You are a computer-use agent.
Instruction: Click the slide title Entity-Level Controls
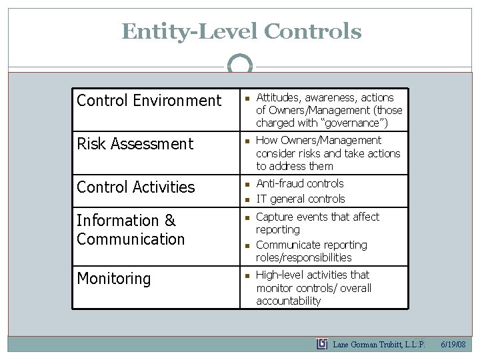point(241,31)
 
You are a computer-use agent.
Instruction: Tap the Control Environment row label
point(149,101)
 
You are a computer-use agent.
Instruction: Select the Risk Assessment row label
point(135,144)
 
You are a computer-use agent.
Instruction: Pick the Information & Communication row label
point(131,229)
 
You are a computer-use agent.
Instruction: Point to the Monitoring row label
point(113,279)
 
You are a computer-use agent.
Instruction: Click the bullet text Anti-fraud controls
point(300,183)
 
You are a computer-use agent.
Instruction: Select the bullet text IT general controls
point(301,199)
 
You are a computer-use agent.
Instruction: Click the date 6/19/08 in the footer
point(453,345)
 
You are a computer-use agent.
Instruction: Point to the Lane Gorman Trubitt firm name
point(379,345)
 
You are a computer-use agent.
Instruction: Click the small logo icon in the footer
point(322,344)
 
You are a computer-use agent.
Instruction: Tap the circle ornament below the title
point(240,65)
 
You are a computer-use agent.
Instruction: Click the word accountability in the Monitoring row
point(288,301)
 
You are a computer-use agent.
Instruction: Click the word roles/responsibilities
point(304,257)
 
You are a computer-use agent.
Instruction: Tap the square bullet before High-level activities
point(246,275)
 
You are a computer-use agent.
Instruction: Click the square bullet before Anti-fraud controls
point(246,184)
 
